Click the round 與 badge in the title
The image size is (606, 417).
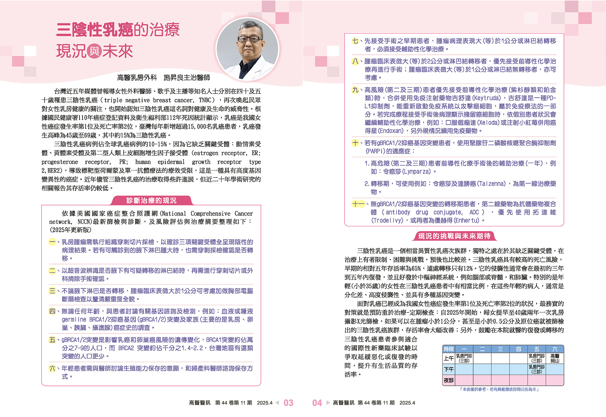(94, 51)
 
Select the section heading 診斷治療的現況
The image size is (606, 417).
(151, 200)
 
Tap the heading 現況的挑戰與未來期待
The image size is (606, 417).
(454, 236)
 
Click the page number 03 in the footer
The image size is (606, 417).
(288, 403)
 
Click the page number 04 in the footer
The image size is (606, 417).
(317, 403)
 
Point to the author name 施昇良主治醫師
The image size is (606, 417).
(187, 78)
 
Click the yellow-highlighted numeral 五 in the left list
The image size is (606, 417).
(52, 340)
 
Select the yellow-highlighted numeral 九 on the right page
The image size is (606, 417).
(355, 90)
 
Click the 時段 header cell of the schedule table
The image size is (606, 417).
(449, 349)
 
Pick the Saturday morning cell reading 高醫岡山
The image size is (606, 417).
(555, 359)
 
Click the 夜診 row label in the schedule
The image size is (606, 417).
(449, 380)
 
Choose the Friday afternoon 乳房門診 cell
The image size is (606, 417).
(537, 369)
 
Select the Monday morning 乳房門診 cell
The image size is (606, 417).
(464, 359)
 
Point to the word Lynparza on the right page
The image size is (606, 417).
(417, 172)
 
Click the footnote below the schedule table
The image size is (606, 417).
(499, 389)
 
